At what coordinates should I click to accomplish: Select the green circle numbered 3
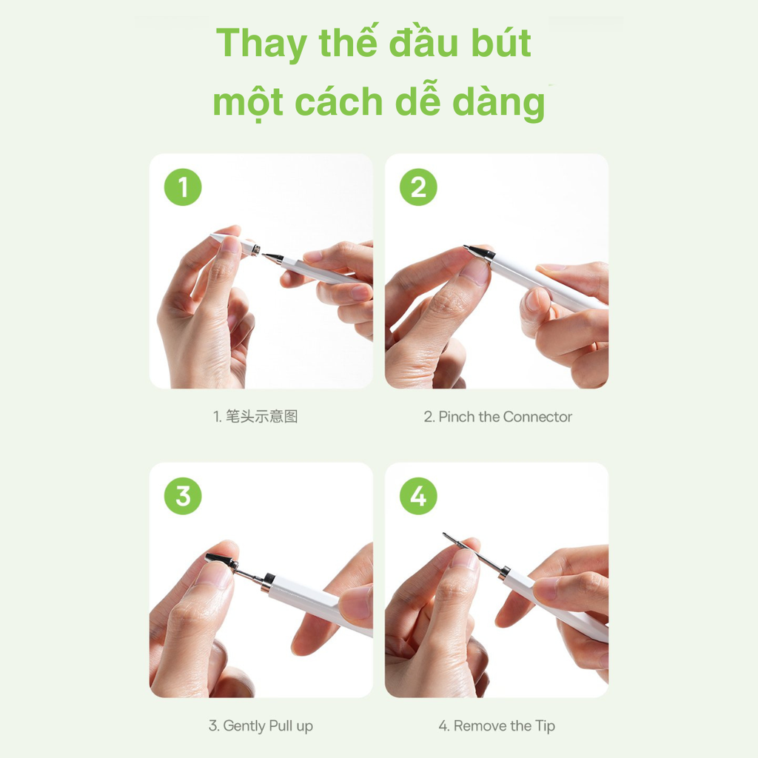[182, 496]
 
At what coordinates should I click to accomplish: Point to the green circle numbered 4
[418, 496]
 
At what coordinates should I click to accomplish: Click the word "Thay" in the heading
[261, 44]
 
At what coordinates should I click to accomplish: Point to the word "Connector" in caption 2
[538, 417]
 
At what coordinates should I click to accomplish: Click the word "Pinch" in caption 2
[457, 417]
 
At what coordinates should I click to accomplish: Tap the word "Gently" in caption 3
[249, 726]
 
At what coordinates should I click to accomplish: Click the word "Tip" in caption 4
[546, 726]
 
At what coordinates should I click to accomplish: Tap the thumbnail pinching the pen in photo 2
[474, 272]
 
